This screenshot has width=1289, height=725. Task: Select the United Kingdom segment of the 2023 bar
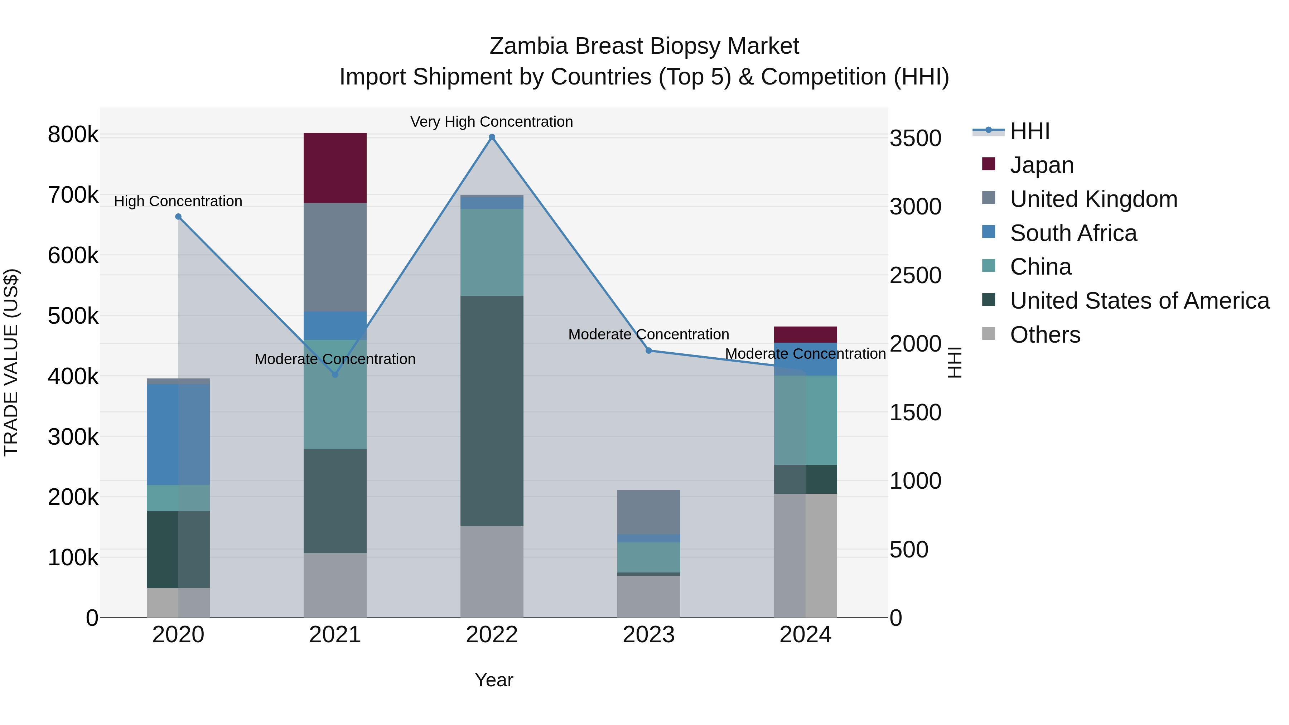point(648,512)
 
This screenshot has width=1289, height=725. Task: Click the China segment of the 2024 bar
point(805,420)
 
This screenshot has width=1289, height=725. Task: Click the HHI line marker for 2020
point(178,217)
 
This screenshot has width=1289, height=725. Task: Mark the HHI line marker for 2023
point(648,351)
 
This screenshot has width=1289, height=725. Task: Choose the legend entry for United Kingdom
point(1094,199)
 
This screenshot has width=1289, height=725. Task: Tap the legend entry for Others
point(1045,335)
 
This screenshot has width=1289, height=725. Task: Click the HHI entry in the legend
point(1029,131)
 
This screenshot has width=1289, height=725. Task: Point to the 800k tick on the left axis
point(73,135)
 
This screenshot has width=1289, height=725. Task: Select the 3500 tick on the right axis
point(915,139)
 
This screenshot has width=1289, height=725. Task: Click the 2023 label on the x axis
point(648,635)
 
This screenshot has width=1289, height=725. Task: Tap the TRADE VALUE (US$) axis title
point(11,362)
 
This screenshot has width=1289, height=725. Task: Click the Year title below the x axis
point(493,680)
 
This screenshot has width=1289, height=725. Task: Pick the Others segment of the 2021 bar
point(335,585)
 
